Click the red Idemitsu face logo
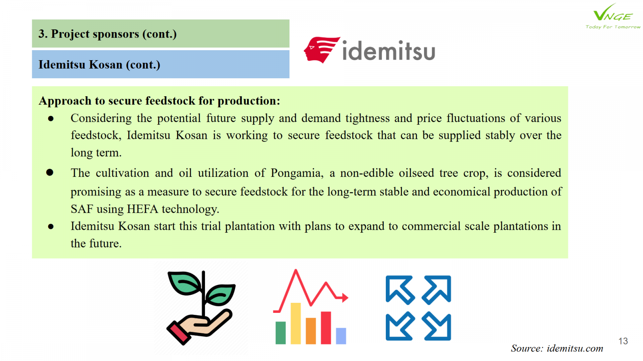(321, 50)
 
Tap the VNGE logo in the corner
(612, 16)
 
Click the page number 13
(623, 341)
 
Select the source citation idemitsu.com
(557, 349)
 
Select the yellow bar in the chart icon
(296, 323)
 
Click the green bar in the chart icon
(281, 333)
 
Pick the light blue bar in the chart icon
(341, 336)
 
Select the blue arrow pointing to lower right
(437, 327)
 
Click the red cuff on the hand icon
(178, 333)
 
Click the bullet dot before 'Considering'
(51, 119)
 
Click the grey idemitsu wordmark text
(389, 51)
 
